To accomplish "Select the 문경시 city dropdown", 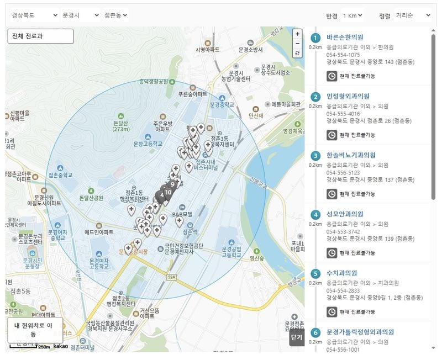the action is pos(80,15).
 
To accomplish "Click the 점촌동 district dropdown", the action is pos(115,15).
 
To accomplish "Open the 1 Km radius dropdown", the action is pos(353,15).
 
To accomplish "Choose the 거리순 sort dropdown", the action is pos(412,15).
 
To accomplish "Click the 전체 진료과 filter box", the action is pos(40,36).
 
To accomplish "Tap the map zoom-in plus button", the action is pos(298,34).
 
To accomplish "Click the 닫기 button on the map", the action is pos(297,338).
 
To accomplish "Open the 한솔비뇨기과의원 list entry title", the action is pos(351,155).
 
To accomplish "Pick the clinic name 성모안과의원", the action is pos(345,214).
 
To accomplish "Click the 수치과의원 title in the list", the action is pos(341,273).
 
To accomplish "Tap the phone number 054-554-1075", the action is pos(343,55).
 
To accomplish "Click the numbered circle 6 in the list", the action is pos(315,332).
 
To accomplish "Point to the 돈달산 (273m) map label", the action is pos(121,126).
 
